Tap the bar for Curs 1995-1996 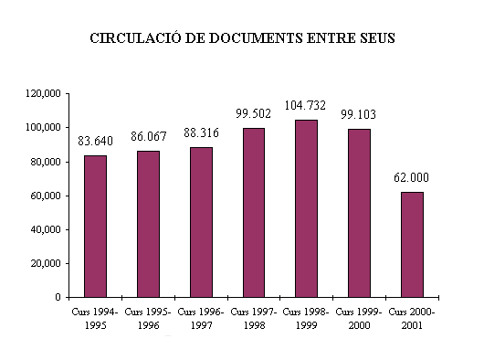pyautogui.click(x=148, y=224)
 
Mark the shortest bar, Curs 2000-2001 pyautogui.click(x=413, y=244)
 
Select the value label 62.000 pyautogui.click(x=413, y=177)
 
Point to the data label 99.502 pyautogui.click(x=254, y=113)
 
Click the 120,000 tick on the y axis pyautogui.click(x=43, y=93)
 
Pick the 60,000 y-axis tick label pyautogui.click(x=46, y=196)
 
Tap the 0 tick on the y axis pyautogui.click(x=58, y=297)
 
